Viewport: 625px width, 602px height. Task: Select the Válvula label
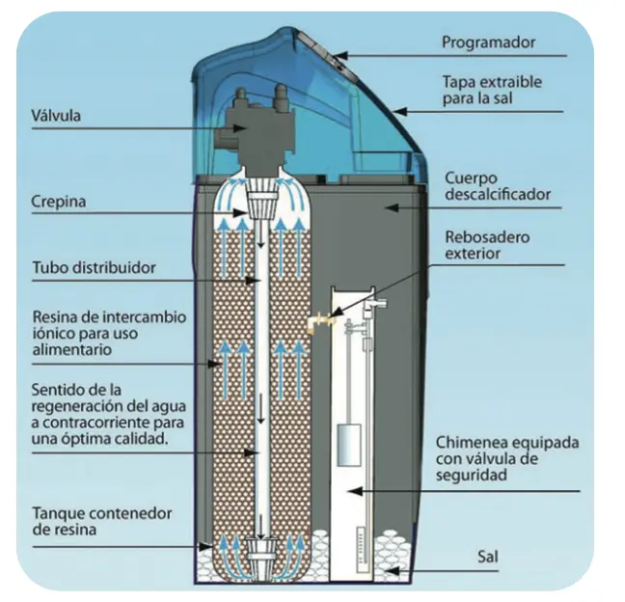tap(57, 117)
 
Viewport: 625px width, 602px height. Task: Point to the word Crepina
tap(57, 203)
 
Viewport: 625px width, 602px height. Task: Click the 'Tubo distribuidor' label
tap(95, 267)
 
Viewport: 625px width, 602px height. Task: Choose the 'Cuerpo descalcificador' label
tap(497, 187)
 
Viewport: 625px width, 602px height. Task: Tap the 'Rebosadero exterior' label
tap(486, 245)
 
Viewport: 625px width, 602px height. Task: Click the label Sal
tap(489, 557)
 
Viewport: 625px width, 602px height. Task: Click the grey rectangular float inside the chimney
tap(348, 446)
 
